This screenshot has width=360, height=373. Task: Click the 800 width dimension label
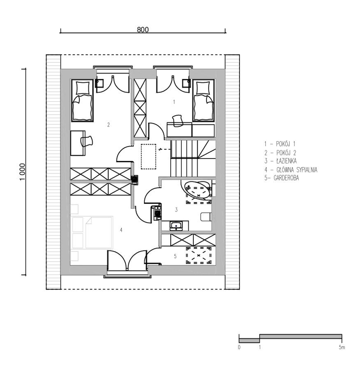coord(143,30)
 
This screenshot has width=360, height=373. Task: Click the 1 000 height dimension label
coord(22,172)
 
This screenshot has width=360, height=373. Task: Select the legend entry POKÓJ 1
coord(280,144)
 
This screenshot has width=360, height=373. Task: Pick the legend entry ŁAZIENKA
coord(280,161)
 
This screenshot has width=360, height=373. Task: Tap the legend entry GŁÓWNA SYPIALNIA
coord(291,170)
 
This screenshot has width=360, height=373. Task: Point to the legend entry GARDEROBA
coord(282,178)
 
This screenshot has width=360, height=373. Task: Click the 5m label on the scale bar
coord(342,347)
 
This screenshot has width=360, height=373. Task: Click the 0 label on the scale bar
coord(239,347)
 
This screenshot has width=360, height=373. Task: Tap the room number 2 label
coord(108,125)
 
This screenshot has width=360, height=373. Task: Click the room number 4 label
coord(121,230)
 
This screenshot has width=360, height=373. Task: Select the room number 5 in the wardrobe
coord(175,256)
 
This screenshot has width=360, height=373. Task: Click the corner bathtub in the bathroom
coord(197,190)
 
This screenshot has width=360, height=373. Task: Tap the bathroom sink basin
coord(176,226)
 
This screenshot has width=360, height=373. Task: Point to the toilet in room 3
coord(206,217)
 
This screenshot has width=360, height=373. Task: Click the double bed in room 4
coord(93,232)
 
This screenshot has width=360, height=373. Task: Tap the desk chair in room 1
coord(177,120)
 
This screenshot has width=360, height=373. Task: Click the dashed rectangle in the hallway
coord(149,156)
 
